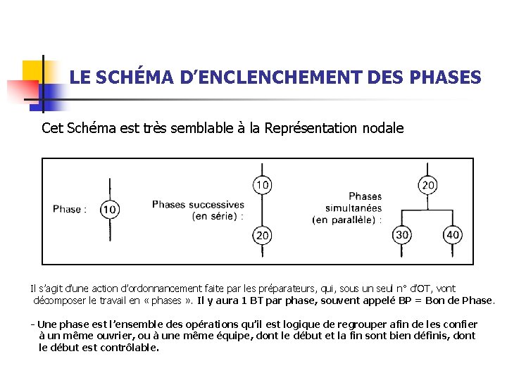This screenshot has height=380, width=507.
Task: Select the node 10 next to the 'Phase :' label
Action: (110, 209)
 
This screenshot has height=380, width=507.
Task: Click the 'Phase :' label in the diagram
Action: (70, 209)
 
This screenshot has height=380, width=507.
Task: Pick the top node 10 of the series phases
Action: (261, 185)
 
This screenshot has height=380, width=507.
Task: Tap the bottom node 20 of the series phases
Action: (261, 235)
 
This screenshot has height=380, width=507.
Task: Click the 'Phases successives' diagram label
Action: (198, 205)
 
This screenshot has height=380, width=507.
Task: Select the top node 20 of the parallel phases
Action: (427, 185)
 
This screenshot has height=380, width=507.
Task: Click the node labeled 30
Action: (402, 235)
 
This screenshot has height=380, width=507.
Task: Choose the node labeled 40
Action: (453, 235)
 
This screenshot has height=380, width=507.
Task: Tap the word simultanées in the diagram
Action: (353, 208)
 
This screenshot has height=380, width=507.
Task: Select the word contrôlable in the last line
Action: (131, 347)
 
